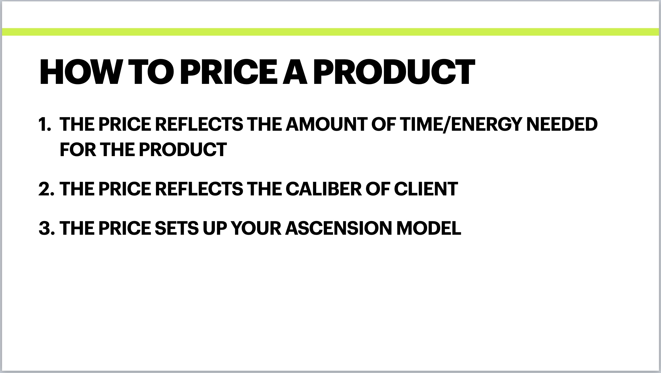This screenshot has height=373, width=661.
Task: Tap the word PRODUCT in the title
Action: pyautogui.click(x=394, y=72)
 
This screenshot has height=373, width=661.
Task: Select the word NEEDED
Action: pyautogui.click(x=562, y=124)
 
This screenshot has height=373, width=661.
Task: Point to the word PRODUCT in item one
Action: pyautogui.click(x=183, y=150)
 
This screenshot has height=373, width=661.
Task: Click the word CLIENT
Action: pyautogui.click(x=426, y=189)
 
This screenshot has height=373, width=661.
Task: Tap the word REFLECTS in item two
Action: pyautogui.click(x=199, y=189)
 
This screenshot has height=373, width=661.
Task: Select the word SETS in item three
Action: pyautogui.click(x=177, y=228)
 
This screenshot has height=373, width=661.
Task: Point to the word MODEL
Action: pyautogui.click(x=429, y=228)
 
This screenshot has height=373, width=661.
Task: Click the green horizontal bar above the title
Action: pyautogui.click(x=330, y=32)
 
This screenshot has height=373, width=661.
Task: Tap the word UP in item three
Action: pyautogui.click(x=215, y=228)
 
